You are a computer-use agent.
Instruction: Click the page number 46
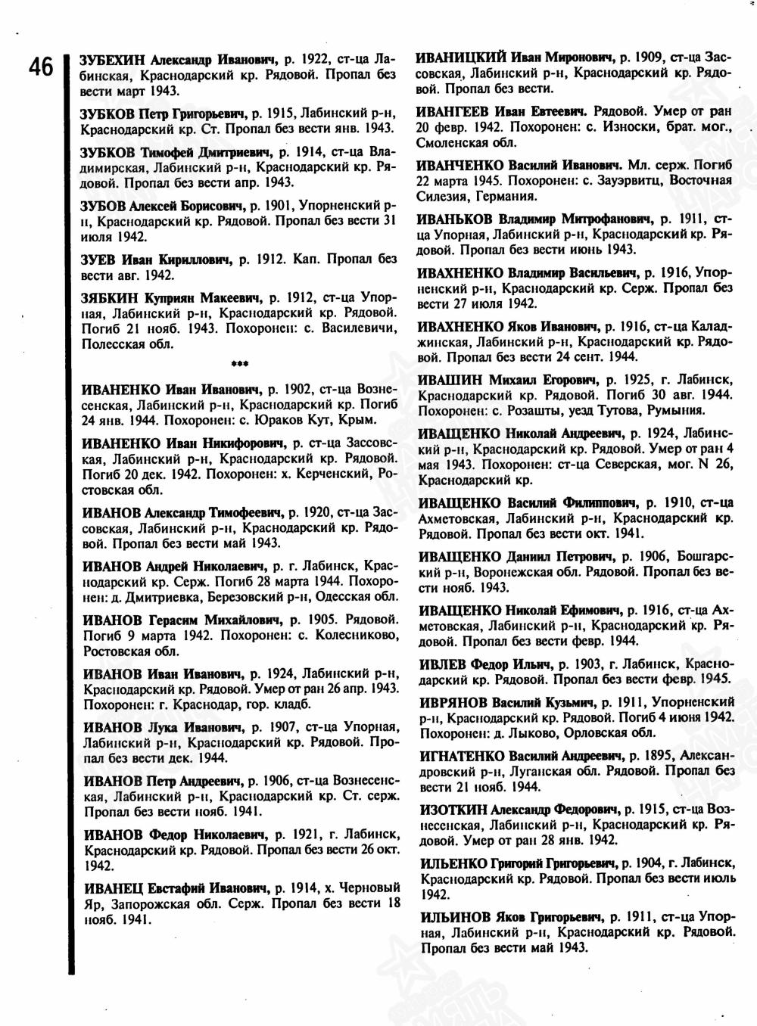(40, 67)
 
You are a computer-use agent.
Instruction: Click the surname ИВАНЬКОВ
(453, 218)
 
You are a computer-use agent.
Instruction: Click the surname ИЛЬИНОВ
(453, 916)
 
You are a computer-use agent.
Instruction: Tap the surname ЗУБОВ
(103, 206)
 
